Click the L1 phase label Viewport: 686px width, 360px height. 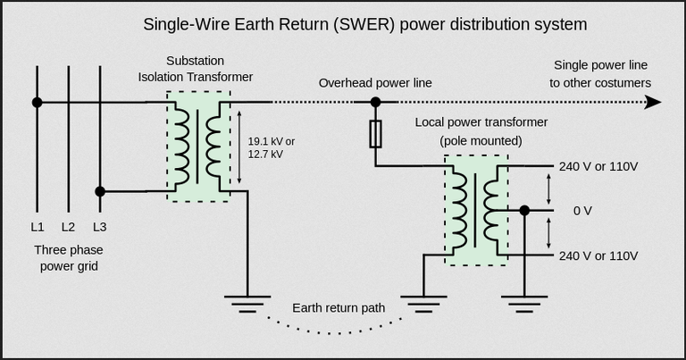(x=37, y=227)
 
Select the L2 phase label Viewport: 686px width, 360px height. (x=68, y=227)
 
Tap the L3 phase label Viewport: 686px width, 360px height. (x=99, y=227)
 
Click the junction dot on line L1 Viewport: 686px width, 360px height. (x=37, y=103)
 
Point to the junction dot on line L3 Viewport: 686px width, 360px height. (x=100, y=191)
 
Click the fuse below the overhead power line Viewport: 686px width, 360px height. (x=376, y=134)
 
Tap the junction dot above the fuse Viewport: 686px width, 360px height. (x=376, y=103)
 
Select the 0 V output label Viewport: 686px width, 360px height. (x=582, y=211)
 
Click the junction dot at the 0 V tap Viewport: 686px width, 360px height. (x=524, y=211)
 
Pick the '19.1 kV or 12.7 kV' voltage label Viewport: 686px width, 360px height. (x=271, y=147)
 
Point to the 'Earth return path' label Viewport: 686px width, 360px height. (x=339, y=308)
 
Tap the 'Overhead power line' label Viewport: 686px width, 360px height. (x=375, y=83)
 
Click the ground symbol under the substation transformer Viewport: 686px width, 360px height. (x=247, y=301)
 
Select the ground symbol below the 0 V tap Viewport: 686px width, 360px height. (x=524, y=301)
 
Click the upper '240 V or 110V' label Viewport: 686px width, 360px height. (x=598, y=166)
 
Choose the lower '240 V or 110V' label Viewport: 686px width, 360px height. (x=598, y=255)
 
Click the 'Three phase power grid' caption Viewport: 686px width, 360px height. (x=68, y=257)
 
